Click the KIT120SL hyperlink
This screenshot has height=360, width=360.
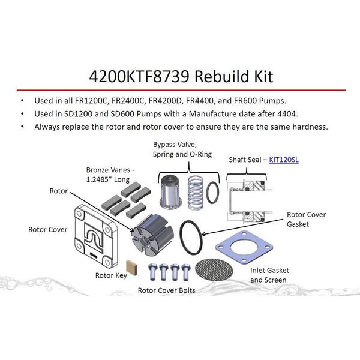(284, 160)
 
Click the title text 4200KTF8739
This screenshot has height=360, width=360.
(139, 76)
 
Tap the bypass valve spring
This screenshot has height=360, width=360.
(196, 193)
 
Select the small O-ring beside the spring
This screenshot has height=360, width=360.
(212, 193)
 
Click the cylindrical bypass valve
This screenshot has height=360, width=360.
(170, 192)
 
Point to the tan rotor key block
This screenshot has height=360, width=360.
(132, 267)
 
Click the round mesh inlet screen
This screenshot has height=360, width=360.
(214, 270)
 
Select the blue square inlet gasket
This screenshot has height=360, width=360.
(244, 247)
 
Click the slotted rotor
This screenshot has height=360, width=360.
(152, 235)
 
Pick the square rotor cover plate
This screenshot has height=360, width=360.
(96, 236)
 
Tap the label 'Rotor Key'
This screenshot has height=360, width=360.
(111, 275)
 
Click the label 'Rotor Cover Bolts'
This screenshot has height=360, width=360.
(166, 290)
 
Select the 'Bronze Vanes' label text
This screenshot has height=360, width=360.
(110, 175)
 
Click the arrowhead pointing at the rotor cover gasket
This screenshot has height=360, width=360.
(203, 234)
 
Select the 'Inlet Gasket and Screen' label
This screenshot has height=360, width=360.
(269, 275)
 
